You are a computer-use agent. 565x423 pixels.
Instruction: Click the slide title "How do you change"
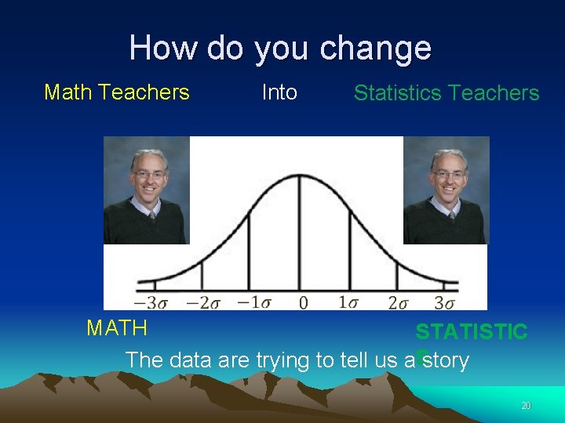click(280, 48)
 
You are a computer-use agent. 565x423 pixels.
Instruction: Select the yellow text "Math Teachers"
click(117, 92)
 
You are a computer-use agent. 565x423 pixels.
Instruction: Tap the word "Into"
click(279, 92)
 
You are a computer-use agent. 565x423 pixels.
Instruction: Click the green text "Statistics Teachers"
click(447, 93)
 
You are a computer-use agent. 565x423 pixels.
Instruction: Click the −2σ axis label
click(203, 302)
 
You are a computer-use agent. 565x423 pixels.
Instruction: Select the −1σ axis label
click(253, 302)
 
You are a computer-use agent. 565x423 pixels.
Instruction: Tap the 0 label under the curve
click(303, 302)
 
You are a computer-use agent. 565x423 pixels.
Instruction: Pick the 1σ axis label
click(350, 302)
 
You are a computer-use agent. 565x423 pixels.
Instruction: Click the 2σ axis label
click(398, 302)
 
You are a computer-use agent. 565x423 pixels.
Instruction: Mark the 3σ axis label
click(445, 302)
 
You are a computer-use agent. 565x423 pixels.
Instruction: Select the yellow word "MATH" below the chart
click(117, 327)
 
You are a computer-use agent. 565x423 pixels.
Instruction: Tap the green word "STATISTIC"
click(472, 332)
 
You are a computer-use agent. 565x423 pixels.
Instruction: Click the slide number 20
click(526, 406)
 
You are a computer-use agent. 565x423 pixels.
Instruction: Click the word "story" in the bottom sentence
click(445, 360)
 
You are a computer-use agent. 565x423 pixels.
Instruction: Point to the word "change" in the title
click(375, 48)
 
